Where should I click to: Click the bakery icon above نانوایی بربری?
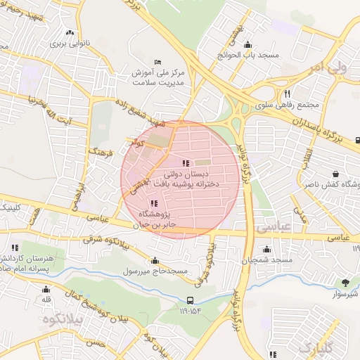(69, 32)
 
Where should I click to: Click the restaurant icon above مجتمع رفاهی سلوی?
(287, 94)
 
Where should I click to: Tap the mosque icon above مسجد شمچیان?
(266, 249)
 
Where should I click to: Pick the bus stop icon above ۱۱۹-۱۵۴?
(188, 299)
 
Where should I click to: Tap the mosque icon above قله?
(46, 289)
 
